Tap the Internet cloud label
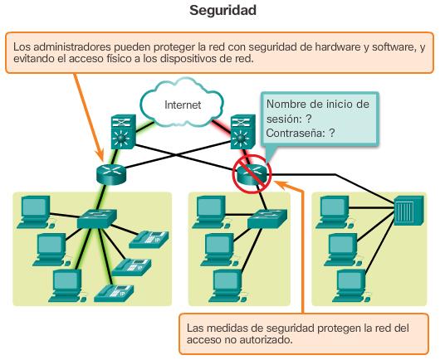point(183,105)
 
